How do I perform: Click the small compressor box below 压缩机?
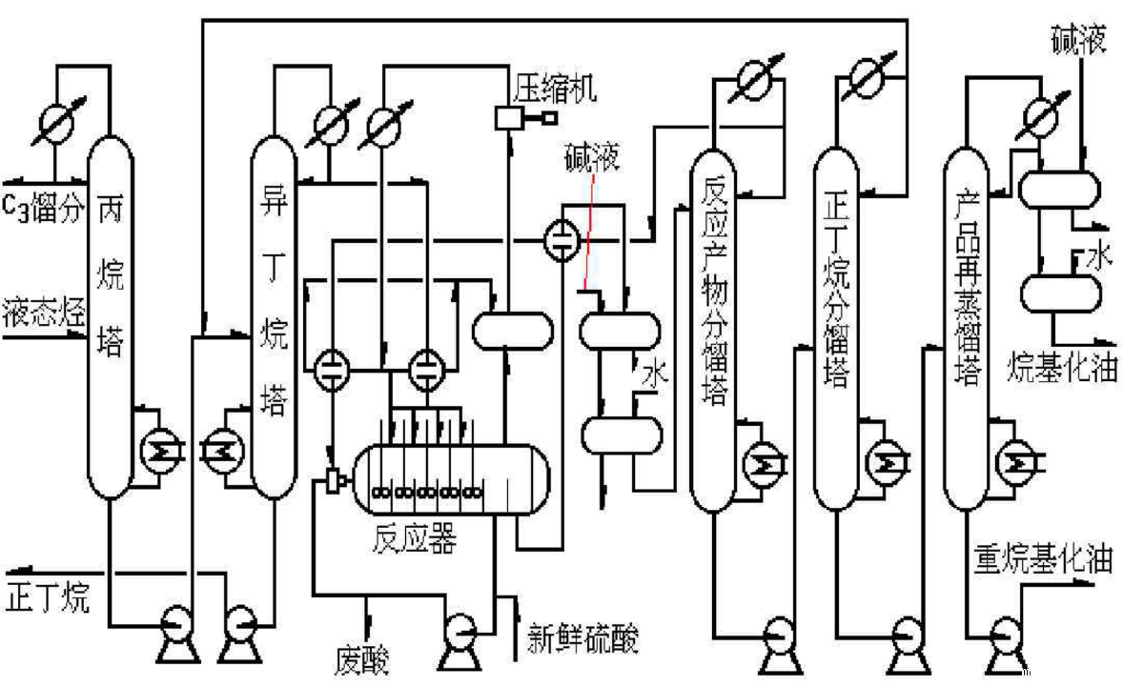(x=506, y=118)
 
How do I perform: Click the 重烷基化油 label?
(x=1043, y=557)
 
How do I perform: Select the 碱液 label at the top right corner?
(x=1078, y=43)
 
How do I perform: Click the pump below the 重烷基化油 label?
(x=1003, y=634)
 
